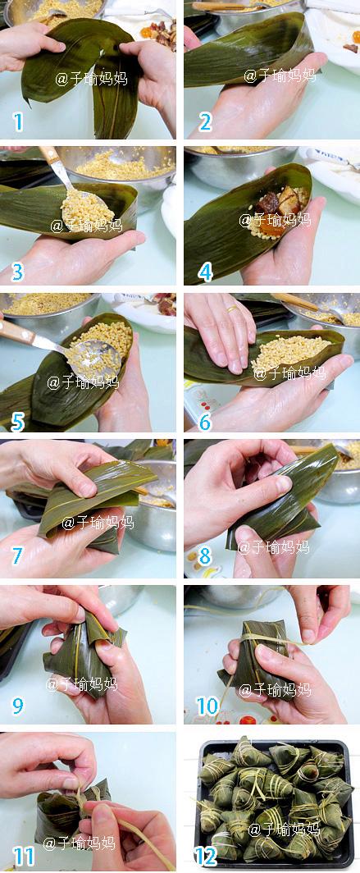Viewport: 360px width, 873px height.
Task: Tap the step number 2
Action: [x=204, y=123]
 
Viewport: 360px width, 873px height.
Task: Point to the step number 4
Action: [x=204, y=271]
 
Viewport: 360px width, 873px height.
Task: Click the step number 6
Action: [x=204, y=416]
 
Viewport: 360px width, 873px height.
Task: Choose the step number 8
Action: [x=204, y=557]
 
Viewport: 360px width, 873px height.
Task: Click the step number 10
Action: [x=208, y=706]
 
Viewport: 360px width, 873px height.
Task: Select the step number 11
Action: [x=23, y=857]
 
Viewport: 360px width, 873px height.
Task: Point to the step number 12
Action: [x=205, y=857]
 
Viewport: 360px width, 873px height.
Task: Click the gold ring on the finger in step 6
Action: [x=234, y=310]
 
